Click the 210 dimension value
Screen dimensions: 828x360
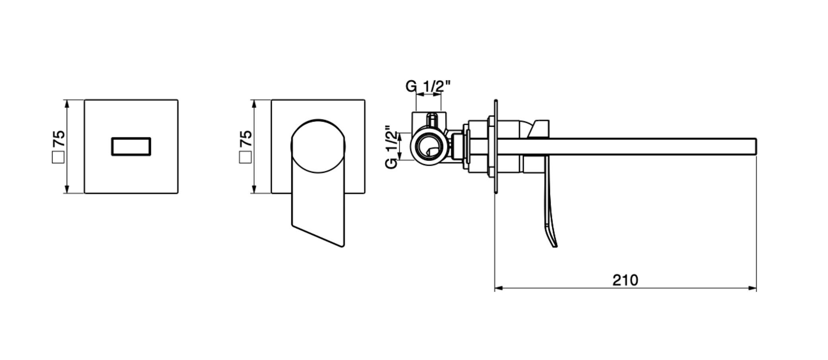coord(625,280)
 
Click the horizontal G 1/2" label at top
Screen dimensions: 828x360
coord(428,86)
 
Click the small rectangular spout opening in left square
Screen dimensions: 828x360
coord(131,146)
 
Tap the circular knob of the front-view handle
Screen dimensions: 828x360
coord(318,146)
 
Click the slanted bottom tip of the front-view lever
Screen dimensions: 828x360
coord(342,246)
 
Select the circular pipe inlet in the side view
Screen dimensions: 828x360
coord(428,146)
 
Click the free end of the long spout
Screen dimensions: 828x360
coord(755,145)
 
